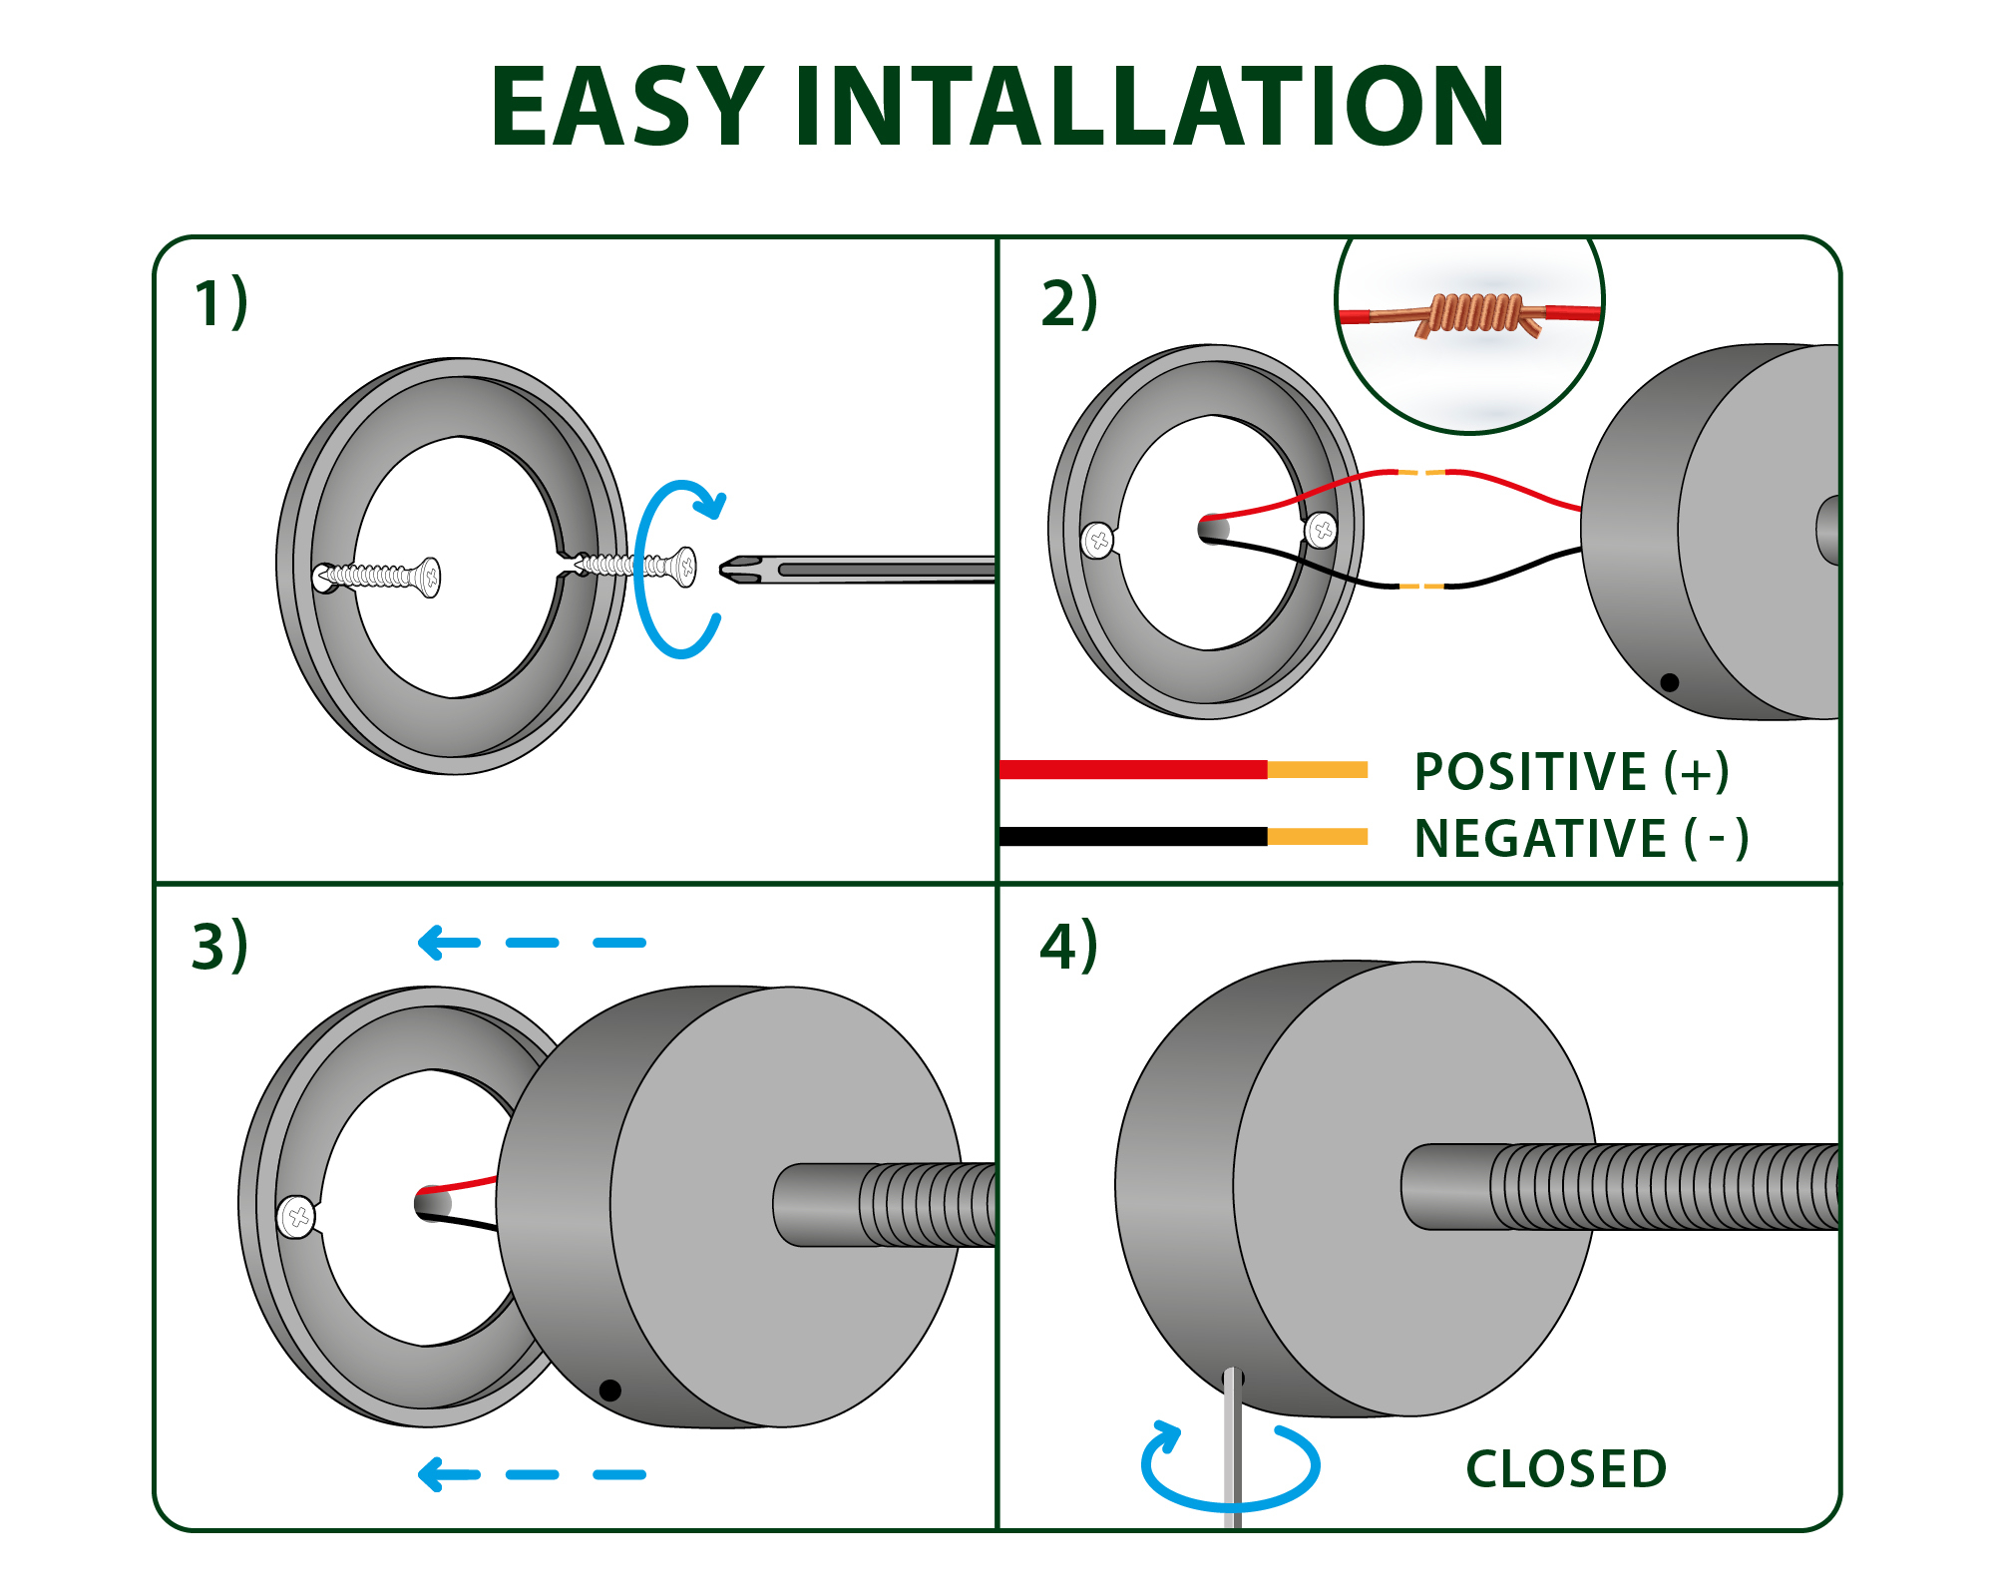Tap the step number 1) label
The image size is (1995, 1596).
pyautogui.click(x=220, y=303)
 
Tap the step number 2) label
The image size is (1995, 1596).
pyautogui.click(x=1068, y=303)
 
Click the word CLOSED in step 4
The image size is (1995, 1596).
pyautogui.click(x=1566, y=1469)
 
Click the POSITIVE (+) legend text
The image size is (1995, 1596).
pyautogui.click(x=1572, y=772)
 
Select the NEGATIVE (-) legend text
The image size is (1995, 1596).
pyautogui.click(x=1581, y=839)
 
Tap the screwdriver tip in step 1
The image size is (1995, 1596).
pyautogui.click(x=723, y=570)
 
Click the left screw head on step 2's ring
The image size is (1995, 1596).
pyautogui.click(x=1098, y=540)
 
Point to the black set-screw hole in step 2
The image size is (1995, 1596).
pyautogui.click(x=1669, y=682)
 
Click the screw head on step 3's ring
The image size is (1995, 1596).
pyautogui.click(x=297, y=1217)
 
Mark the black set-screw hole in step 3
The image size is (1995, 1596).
pyautogui.click(x=610, y=1390)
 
